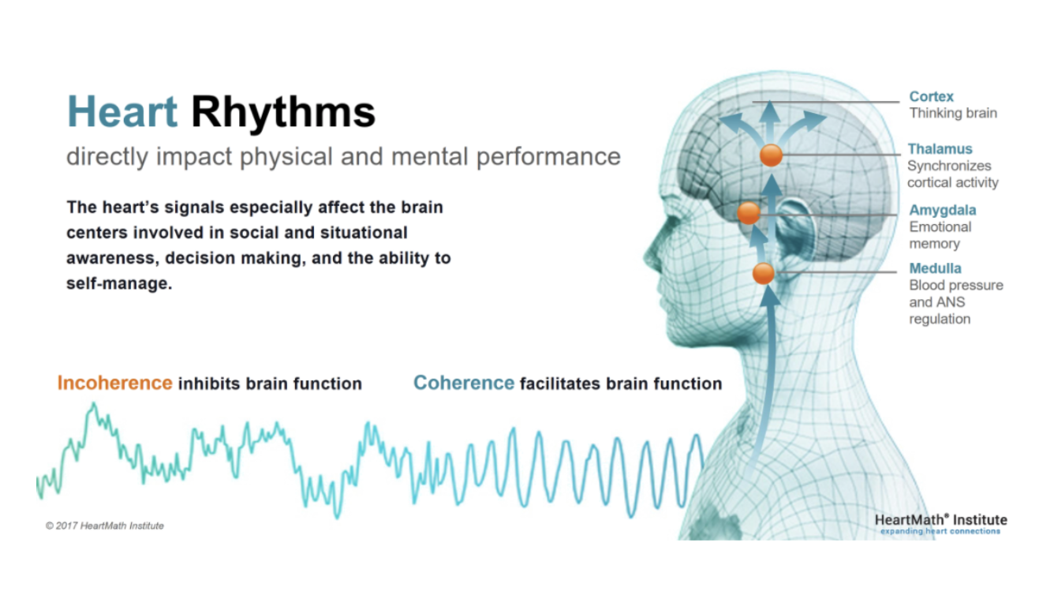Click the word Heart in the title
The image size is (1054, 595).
[122, 111]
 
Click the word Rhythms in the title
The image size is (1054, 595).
[283, 113]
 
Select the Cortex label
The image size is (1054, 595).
[931, 96]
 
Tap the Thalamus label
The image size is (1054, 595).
[940, 148]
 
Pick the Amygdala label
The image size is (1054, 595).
[943, 210]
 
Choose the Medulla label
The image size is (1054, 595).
[935, 268]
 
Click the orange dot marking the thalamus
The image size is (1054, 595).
[771, 155]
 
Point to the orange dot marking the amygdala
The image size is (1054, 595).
[749, 213]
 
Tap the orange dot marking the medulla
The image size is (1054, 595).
[763, 273]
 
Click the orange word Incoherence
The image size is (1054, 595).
[115, 383]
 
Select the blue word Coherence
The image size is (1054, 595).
[463, 383]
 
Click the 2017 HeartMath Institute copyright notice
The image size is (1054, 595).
[104, 526]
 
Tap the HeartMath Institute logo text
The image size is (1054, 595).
[940, 520]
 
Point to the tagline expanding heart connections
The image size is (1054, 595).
[940, 531]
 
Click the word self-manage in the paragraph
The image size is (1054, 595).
[119, 283]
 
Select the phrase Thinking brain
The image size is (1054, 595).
[953, 113]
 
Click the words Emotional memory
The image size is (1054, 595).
[940, 235]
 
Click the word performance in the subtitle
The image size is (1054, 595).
[548, 157]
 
